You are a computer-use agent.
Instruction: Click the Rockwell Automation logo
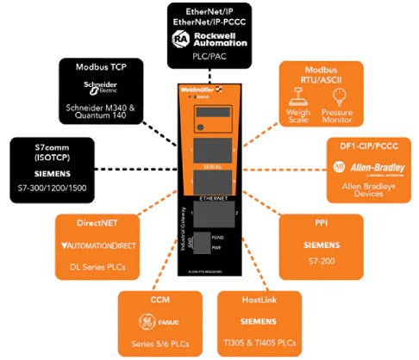click(209, 40)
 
